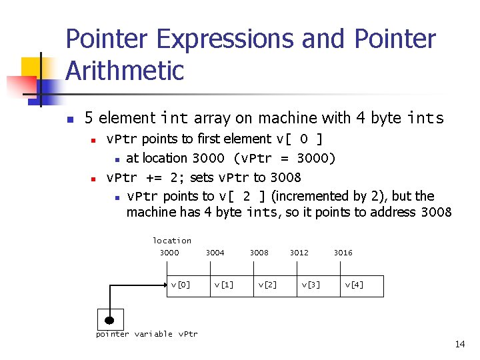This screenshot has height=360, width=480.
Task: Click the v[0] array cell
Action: pyautogui.click(x=181, y=285)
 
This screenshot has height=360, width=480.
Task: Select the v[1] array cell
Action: pyautogui.click(x=223, y=285)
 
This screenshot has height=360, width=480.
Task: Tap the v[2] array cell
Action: pyautogui.click(x=267, y=285)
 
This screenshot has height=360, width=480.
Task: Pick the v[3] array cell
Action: pyautogui.click(x=311, y=285)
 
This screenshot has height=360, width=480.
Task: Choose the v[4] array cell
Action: pyautogui.click(x=354, y=285)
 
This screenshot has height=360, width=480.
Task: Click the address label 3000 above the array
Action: pyautogui.click(x=169, y=253)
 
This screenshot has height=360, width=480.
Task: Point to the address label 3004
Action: pyautogui.click(x=215, y=253)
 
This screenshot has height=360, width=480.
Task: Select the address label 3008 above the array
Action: pyautogui.click(x=259, y=253)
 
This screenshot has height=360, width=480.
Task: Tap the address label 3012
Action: pyautogui.click(x=299, y=253)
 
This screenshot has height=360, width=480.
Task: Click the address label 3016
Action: pyautogui.click(x=343, y=253)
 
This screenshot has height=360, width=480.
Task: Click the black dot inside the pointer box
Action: pyautogui.click(x=109, y=320)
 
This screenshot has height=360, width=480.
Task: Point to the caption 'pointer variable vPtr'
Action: pyautogui.click(x=147, y=334)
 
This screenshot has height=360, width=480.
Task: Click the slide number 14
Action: pyautogui.click(x=459, y=345)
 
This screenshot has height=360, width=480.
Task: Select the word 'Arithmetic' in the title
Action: pyautogui.click(x=125, y=71)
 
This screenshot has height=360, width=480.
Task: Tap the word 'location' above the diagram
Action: pyautogui.click(x=172, y=241)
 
